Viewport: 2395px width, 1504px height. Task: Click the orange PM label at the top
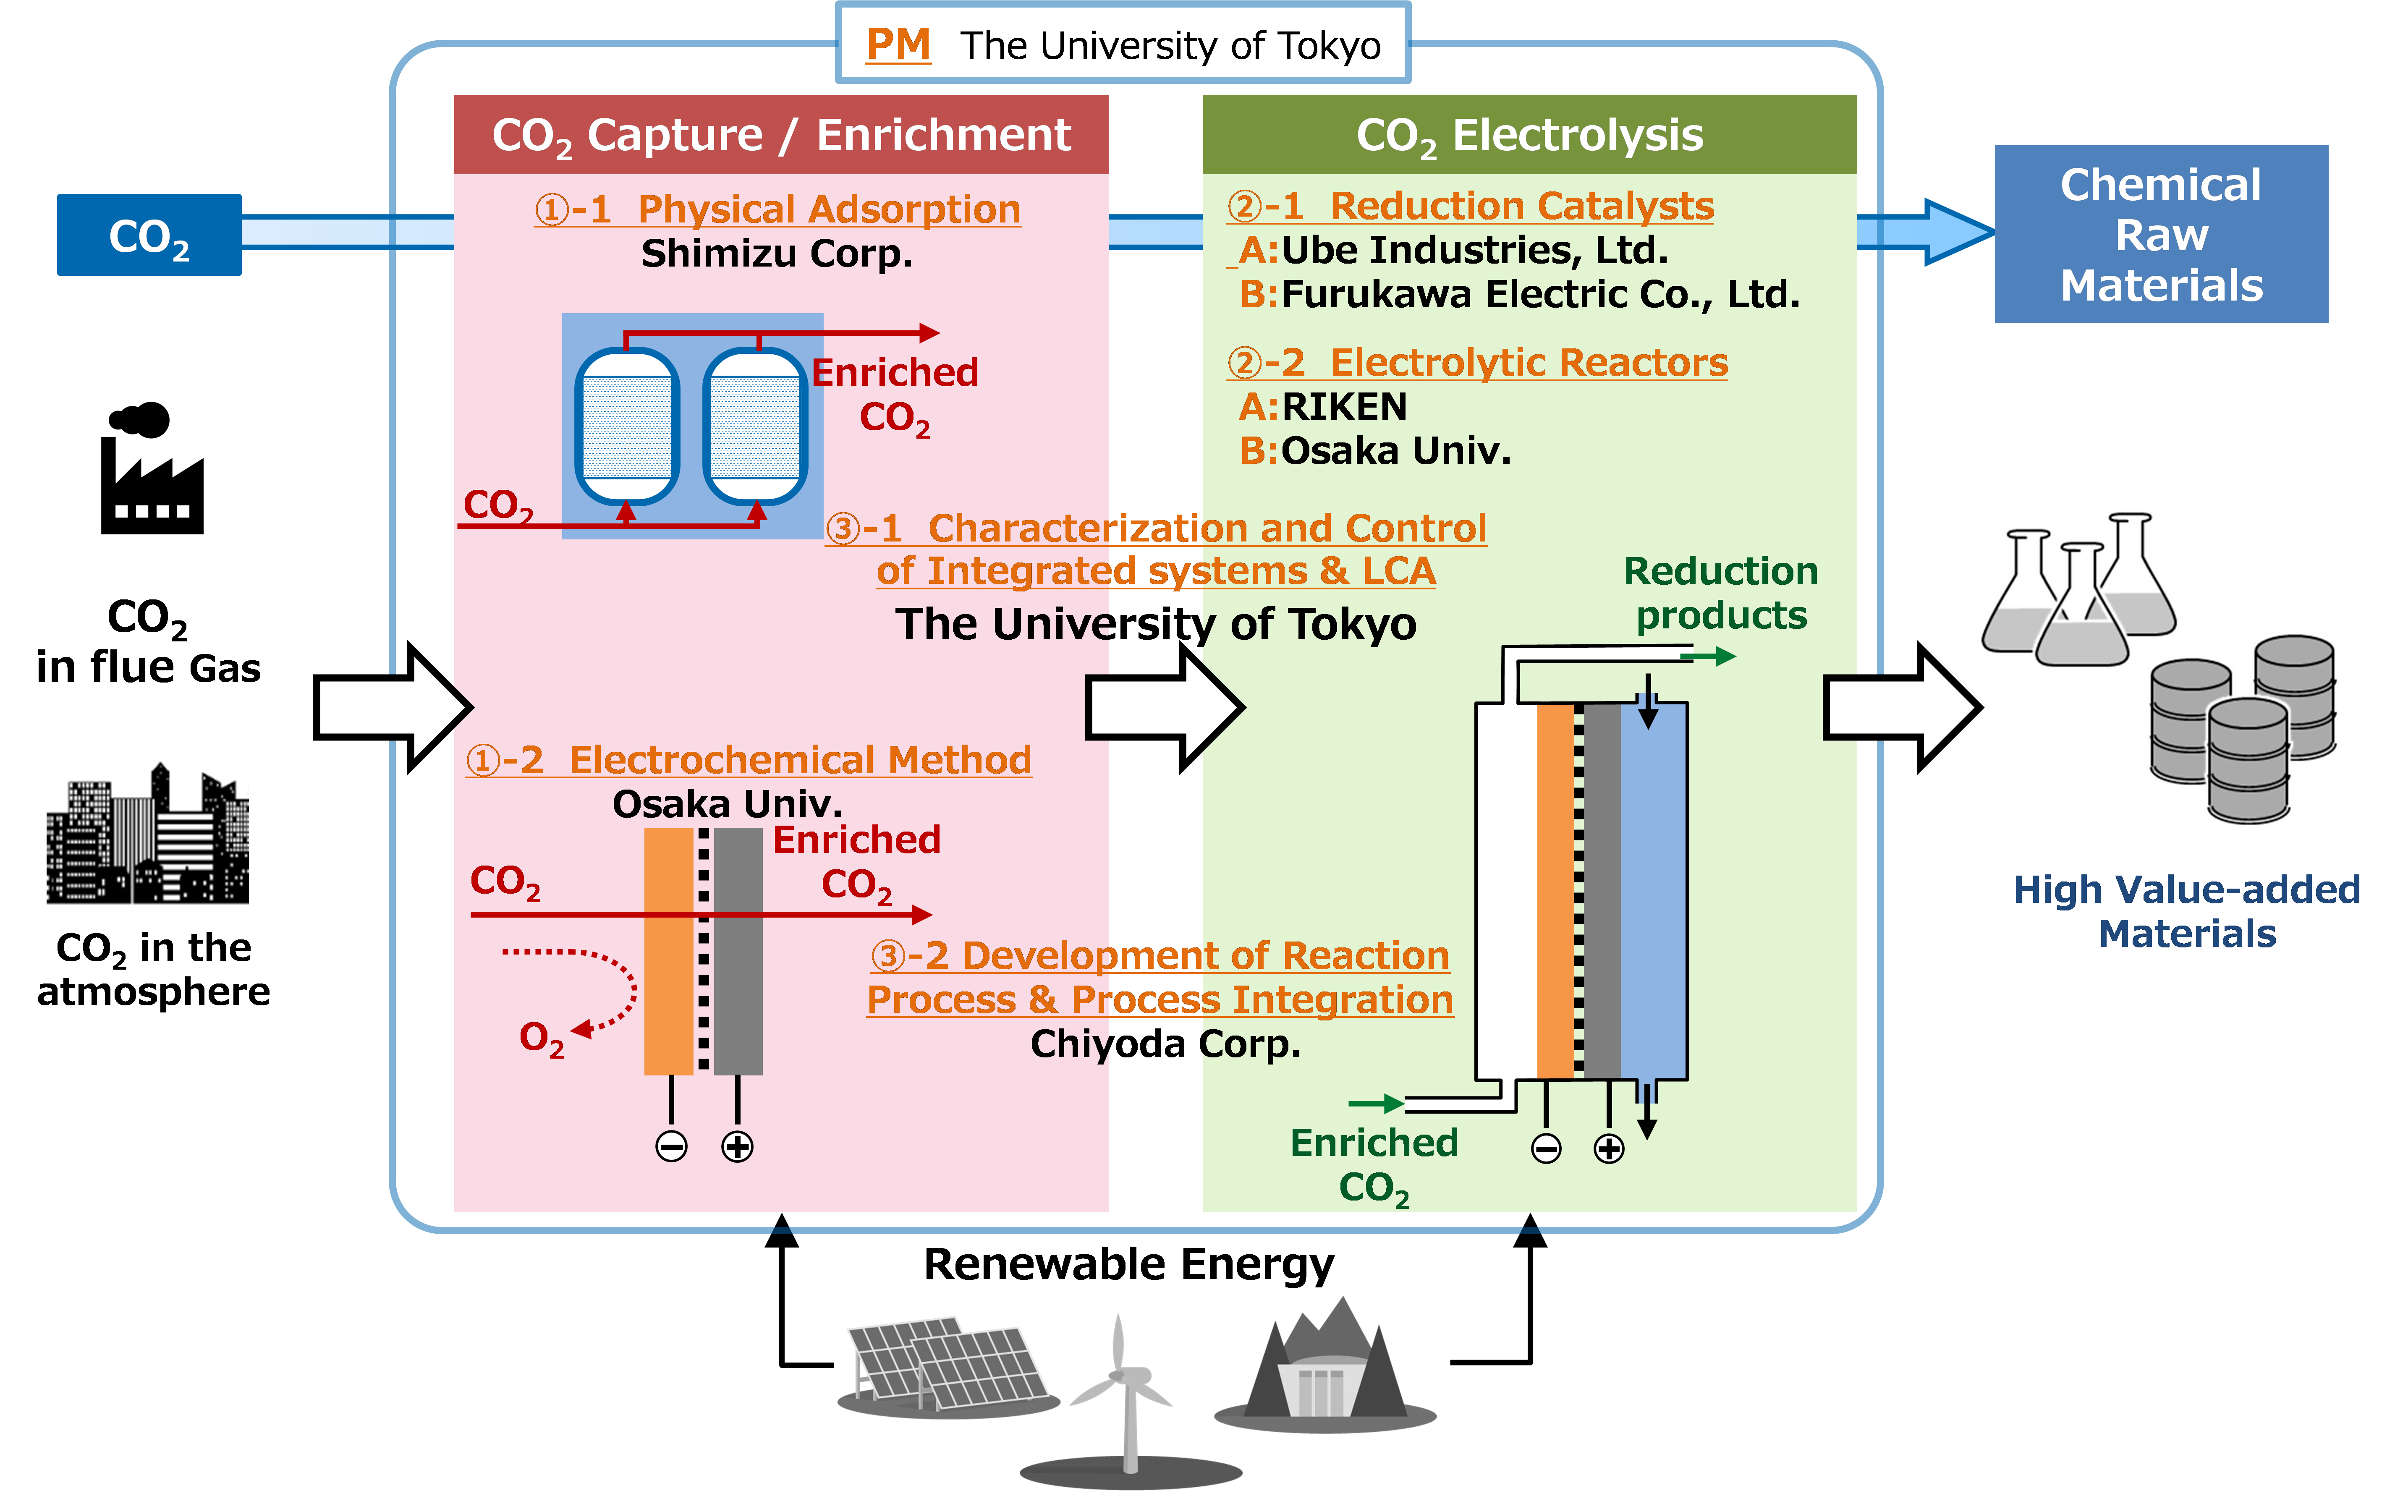pyautogui.click(x=897, y=45)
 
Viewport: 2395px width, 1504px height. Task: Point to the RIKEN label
pyautogui.click(x=1344, y=407)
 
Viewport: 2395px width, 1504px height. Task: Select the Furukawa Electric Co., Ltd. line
pyautogui.click(x=1540, y=294)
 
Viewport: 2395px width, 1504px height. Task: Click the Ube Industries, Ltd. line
pyautogui.click(x=1474, y=251)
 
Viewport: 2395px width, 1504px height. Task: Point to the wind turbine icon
pyautogui.click(x=1127, y=1393)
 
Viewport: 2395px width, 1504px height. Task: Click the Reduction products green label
pyautogui.click(x=1721, y=593)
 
